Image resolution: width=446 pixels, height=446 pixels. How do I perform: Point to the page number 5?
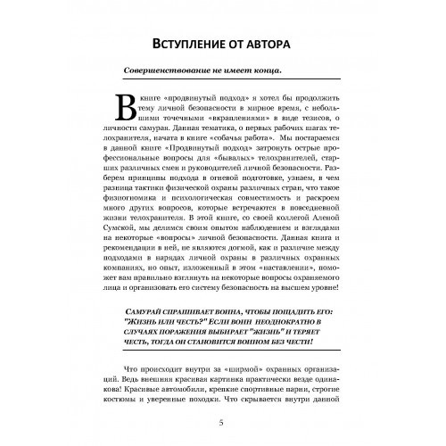point(222,422)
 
